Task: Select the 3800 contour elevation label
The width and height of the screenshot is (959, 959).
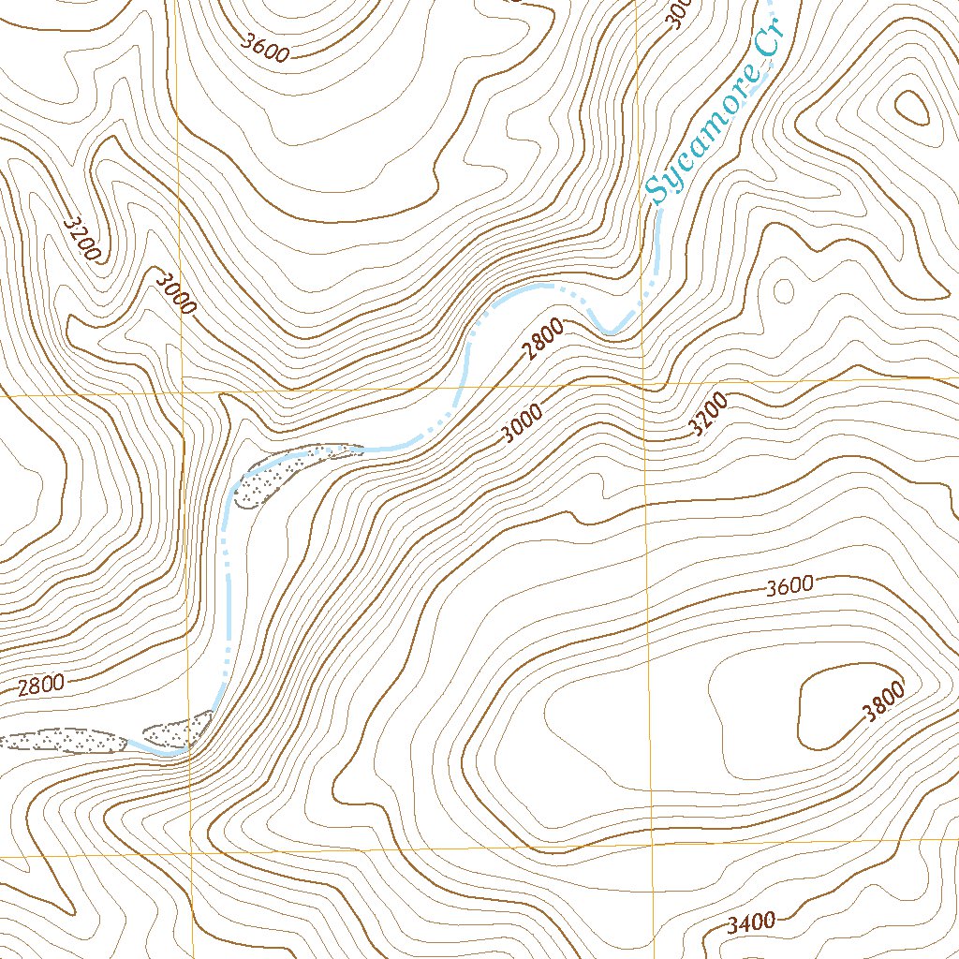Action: [x=884, y=702]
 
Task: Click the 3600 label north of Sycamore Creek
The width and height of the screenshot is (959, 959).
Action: [x=264, y=47]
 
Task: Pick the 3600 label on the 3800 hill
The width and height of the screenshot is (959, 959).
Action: [x=789, y=587]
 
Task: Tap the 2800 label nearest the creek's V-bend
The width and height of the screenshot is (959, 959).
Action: [x=544, y=339]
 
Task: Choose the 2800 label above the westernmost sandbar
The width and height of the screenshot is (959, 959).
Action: [x=41, y=685]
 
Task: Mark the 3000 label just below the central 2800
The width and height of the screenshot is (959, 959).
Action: [x=522, y=422]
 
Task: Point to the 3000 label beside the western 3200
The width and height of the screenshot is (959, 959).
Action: [x=175, y=293]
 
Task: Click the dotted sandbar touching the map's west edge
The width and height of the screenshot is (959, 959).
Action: [x=62, y=741]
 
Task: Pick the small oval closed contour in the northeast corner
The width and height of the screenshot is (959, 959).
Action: [x=912, y=110]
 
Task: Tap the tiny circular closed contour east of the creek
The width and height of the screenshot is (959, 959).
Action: [x=782, y=289]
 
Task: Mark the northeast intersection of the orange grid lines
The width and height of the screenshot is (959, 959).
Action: [x=643, y=383]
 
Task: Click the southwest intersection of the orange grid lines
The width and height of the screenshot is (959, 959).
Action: [x=191, y=854]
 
